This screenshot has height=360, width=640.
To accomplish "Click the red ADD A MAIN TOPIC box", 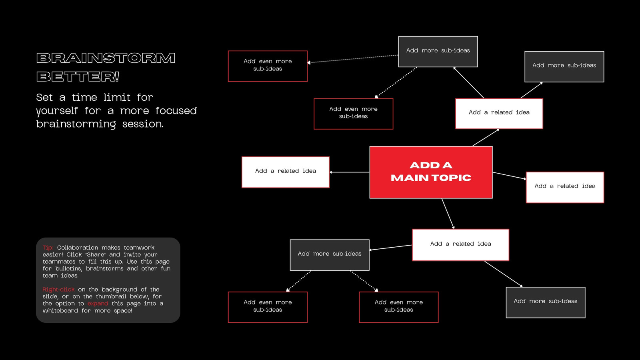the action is pyautogui.click(x=431, y=172).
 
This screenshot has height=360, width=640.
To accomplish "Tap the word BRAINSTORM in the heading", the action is pyautogui.click(x=106, y=58).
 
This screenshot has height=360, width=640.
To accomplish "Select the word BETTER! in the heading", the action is pyautogui.click(x=78, y=76).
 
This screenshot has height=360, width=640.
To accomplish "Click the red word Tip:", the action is pyautogui.click(x=48, y=248).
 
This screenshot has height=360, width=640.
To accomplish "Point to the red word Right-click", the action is pyautogui.click(x=58, y=290).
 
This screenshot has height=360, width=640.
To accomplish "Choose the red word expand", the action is pyautogui.click(x=98, y=304).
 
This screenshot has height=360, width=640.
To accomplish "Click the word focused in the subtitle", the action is pyautogui.click(x=176, y=110).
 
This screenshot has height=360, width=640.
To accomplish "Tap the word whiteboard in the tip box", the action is pyautogui.click(x=60, y=310).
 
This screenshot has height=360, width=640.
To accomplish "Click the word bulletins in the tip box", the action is pyautogui.click(x=69, y=268).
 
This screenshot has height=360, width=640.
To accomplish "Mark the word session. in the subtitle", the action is pyautogui.click(x=143, y=124).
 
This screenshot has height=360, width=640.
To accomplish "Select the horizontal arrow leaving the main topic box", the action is pyautogui.click(x=350, y=172).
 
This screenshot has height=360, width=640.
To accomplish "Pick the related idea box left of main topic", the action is pyautogui.click(x=286, y=172).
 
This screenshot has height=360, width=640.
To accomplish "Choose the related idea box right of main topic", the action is pyautogui.click(x=565, y=188).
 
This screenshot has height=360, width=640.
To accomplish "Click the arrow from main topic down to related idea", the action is pyautogui.click(x=448, y=214).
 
